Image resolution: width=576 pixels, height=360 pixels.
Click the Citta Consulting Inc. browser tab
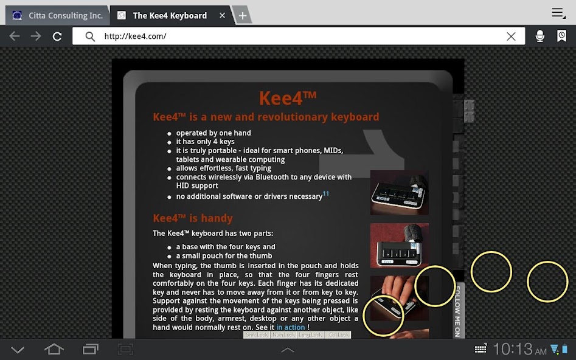[x=57, y=15]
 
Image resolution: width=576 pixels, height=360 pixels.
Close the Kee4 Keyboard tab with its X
[x=223, y=15]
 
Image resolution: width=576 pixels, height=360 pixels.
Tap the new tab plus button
[x=242, y=16]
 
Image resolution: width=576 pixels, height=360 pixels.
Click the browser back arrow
[x=15, y=36]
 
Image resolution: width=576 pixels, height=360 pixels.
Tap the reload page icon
[x=57, y=36]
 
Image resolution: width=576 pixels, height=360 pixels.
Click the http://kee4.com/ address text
[x=135, y=36]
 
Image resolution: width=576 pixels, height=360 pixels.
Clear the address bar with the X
[x=511, y=36]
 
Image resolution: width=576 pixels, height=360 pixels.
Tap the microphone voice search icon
[x=540, y=36]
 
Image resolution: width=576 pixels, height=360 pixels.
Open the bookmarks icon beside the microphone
[x=561, y=36]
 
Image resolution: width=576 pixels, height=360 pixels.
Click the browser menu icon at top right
[x=558, y=13]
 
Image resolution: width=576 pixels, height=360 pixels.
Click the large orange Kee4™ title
[x=288, y=98]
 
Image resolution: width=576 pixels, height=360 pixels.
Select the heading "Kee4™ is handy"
[x=193, y=218]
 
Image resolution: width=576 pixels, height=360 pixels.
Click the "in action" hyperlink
[x=290, y=327]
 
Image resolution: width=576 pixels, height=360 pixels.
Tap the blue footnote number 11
[x=326, y=194]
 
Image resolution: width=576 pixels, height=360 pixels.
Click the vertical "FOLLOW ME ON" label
[x=458, y=311]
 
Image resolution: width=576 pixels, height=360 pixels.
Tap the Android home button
[x=54, y=349]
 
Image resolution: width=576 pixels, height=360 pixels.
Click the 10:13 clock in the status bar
[x=512, y=349]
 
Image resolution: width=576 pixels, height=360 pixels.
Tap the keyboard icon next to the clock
[x=481, y=349]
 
